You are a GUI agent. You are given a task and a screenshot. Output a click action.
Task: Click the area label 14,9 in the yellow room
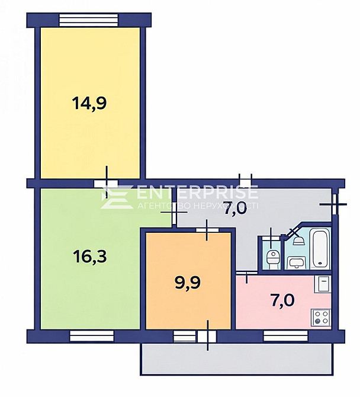[x=89, y=103]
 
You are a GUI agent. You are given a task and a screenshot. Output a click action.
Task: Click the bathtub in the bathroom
[x=320, y=248]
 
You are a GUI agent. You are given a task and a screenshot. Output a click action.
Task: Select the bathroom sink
[x=295, y=262]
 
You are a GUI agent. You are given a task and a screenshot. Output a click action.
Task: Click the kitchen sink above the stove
[x=323, y=285]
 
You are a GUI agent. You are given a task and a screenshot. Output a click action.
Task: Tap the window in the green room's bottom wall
[x=91, y=336]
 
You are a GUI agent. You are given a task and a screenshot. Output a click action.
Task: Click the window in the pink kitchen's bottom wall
[x=286, y=336]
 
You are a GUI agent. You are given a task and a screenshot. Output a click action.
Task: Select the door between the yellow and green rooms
[x=106, y=183]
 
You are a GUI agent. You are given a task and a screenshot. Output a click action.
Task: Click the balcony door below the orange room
[x=206, y=337]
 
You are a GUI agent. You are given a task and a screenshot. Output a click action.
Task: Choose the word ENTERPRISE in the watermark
[x=197, y=193]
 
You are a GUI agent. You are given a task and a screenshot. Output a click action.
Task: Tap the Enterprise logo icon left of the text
[x=116, y=196]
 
